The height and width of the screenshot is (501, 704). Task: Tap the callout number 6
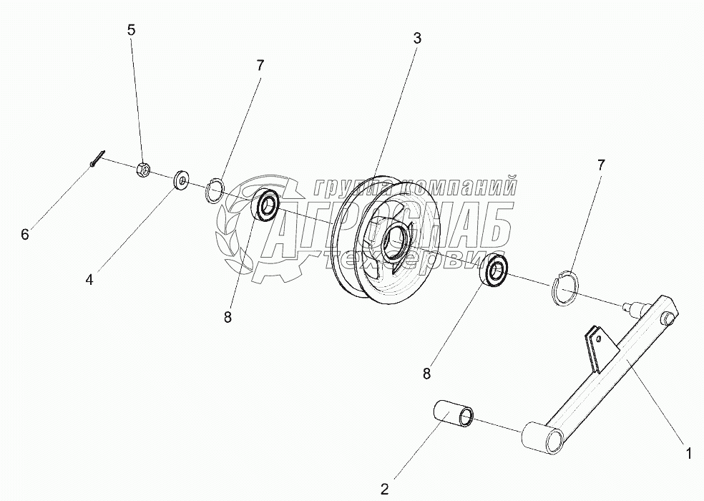coord(25,234)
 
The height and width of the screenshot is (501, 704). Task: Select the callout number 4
coord(89,280)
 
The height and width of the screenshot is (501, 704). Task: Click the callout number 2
coord(384,490)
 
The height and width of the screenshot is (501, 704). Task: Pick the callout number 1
coord(688,452)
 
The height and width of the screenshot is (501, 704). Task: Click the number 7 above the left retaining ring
coord(260,65)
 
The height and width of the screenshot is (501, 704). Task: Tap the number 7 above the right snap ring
coord(600,165)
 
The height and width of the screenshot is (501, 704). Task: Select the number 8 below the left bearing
coord(228,318)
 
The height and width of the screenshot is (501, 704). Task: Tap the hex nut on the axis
coord(142,169)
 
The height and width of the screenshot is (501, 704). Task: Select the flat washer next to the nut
coord(181,180)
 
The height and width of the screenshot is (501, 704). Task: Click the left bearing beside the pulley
coord(267,205)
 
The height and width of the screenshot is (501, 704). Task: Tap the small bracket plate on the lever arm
coord(593,344)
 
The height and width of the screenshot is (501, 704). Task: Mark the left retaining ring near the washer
coord(215,191)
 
